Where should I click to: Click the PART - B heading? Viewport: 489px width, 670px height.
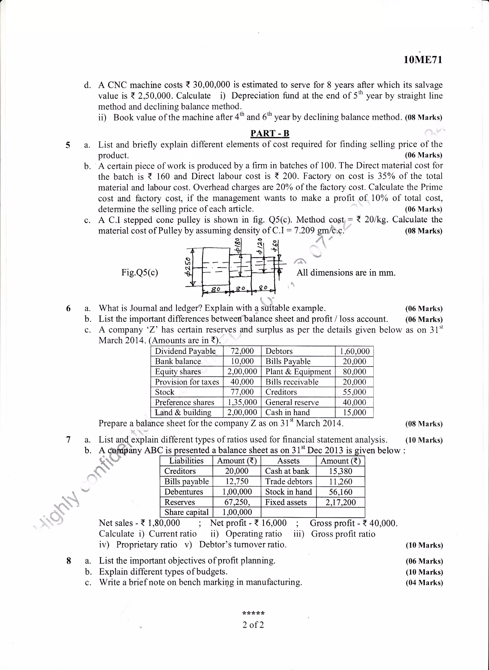[x=270, y=133]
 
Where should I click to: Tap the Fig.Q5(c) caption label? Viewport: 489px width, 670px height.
[x=139, y=272]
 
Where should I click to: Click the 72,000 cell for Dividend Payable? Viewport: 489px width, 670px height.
[x=242, y=351]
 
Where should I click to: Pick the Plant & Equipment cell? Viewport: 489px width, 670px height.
[x=298, y=372]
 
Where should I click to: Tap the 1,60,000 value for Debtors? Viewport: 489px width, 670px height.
[x=354, y=351]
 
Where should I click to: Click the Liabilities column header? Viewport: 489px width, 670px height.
[x=186, y=461]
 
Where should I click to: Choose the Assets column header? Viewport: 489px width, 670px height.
[x=288, y=461]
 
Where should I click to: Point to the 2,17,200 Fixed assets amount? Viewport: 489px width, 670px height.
[x=340, y=502]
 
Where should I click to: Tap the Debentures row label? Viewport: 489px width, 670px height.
[x=184, y=492]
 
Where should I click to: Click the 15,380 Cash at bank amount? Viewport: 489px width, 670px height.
[x=340, y=471]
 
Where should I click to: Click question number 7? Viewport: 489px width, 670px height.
[x=68, y=440]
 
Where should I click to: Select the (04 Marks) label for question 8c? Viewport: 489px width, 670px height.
[x=424, y=583]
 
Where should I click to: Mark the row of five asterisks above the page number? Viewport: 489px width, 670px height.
[x=253, y=613]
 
